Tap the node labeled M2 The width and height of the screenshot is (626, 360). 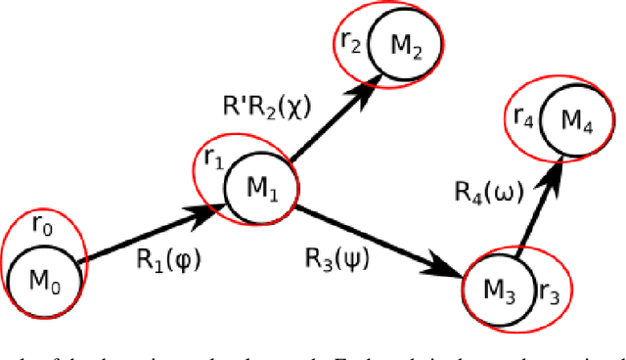(x=404, y=44)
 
